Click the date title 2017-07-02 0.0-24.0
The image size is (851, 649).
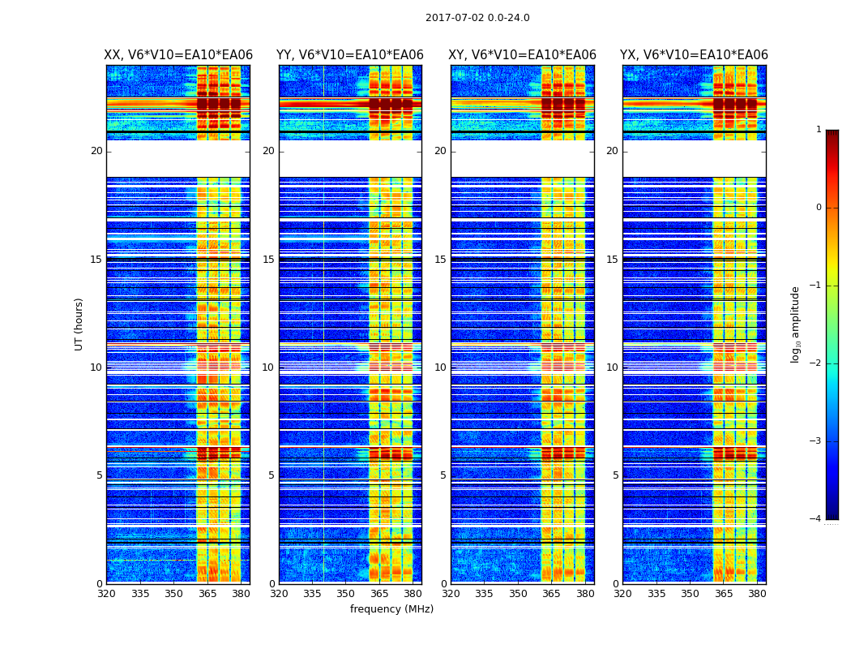[x=477, y=18]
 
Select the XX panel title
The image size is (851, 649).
[x=178, y=55]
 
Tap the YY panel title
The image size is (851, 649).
[x=350, y=55]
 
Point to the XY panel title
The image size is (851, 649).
[x=522, y=55]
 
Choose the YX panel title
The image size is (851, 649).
[x=694, y=55]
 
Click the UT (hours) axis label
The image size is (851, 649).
[x=79, y=324]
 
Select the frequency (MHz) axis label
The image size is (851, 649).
[x=391, y=609]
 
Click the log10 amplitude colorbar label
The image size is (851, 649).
[x=796, y=324]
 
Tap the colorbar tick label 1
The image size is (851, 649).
[x=818, y=130]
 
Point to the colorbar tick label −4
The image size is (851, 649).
[x=815, y=519]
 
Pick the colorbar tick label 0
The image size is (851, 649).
[x=818, y=208]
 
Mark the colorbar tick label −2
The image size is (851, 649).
[x=815, y=363]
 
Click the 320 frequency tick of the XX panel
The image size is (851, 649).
[x=106, y=594]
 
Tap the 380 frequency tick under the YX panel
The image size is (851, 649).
[x=757, y=594]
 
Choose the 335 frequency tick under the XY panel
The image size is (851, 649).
[x=485, y=594]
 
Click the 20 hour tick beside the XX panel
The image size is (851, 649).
[x=96, y=151]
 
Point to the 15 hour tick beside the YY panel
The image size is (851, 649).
[x=268, y=260]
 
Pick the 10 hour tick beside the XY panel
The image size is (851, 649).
[x=440, y=367]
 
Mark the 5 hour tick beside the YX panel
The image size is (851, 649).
[x=615, y=475]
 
